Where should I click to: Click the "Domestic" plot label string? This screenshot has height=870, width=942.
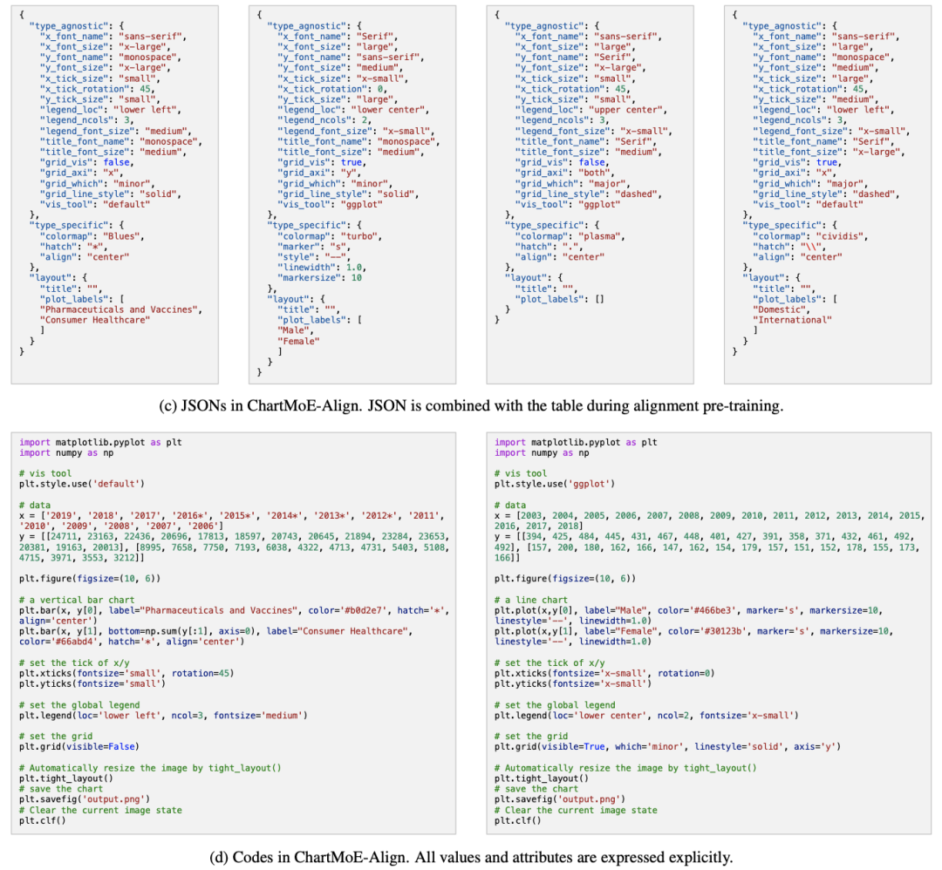[x=776, y=309]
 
